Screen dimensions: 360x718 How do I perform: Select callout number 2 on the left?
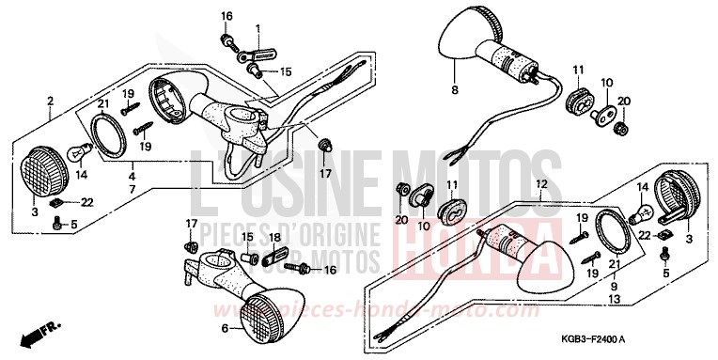pos(51,100)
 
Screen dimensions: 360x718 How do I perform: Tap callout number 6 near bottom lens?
pos(225,328)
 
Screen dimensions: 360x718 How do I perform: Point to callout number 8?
pos(455,91)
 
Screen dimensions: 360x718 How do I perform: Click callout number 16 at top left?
pos(226,16)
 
